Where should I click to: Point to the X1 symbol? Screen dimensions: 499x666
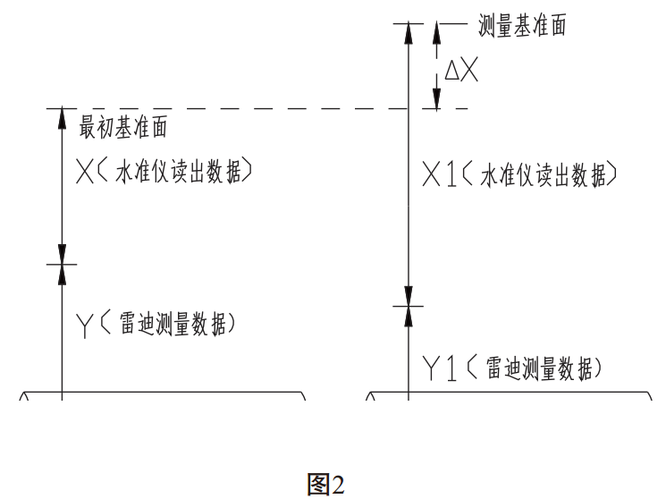(439, 176)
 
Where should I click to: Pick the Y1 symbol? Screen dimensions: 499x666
(439, 367)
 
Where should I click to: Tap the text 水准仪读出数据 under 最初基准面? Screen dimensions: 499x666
(185, 174)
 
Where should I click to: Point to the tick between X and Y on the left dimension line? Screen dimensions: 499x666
(62, 265)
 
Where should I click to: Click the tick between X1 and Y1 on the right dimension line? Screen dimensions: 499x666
(408, 306)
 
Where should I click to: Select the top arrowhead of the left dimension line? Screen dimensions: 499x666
(62, 117)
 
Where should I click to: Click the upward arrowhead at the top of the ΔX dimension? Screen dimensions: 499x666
(436, 31)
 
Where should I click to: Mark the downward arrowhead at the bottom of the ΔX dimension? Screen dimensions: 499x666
(436, 99)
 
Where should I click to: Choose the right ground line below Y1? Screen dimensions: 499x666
(510, 392)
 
